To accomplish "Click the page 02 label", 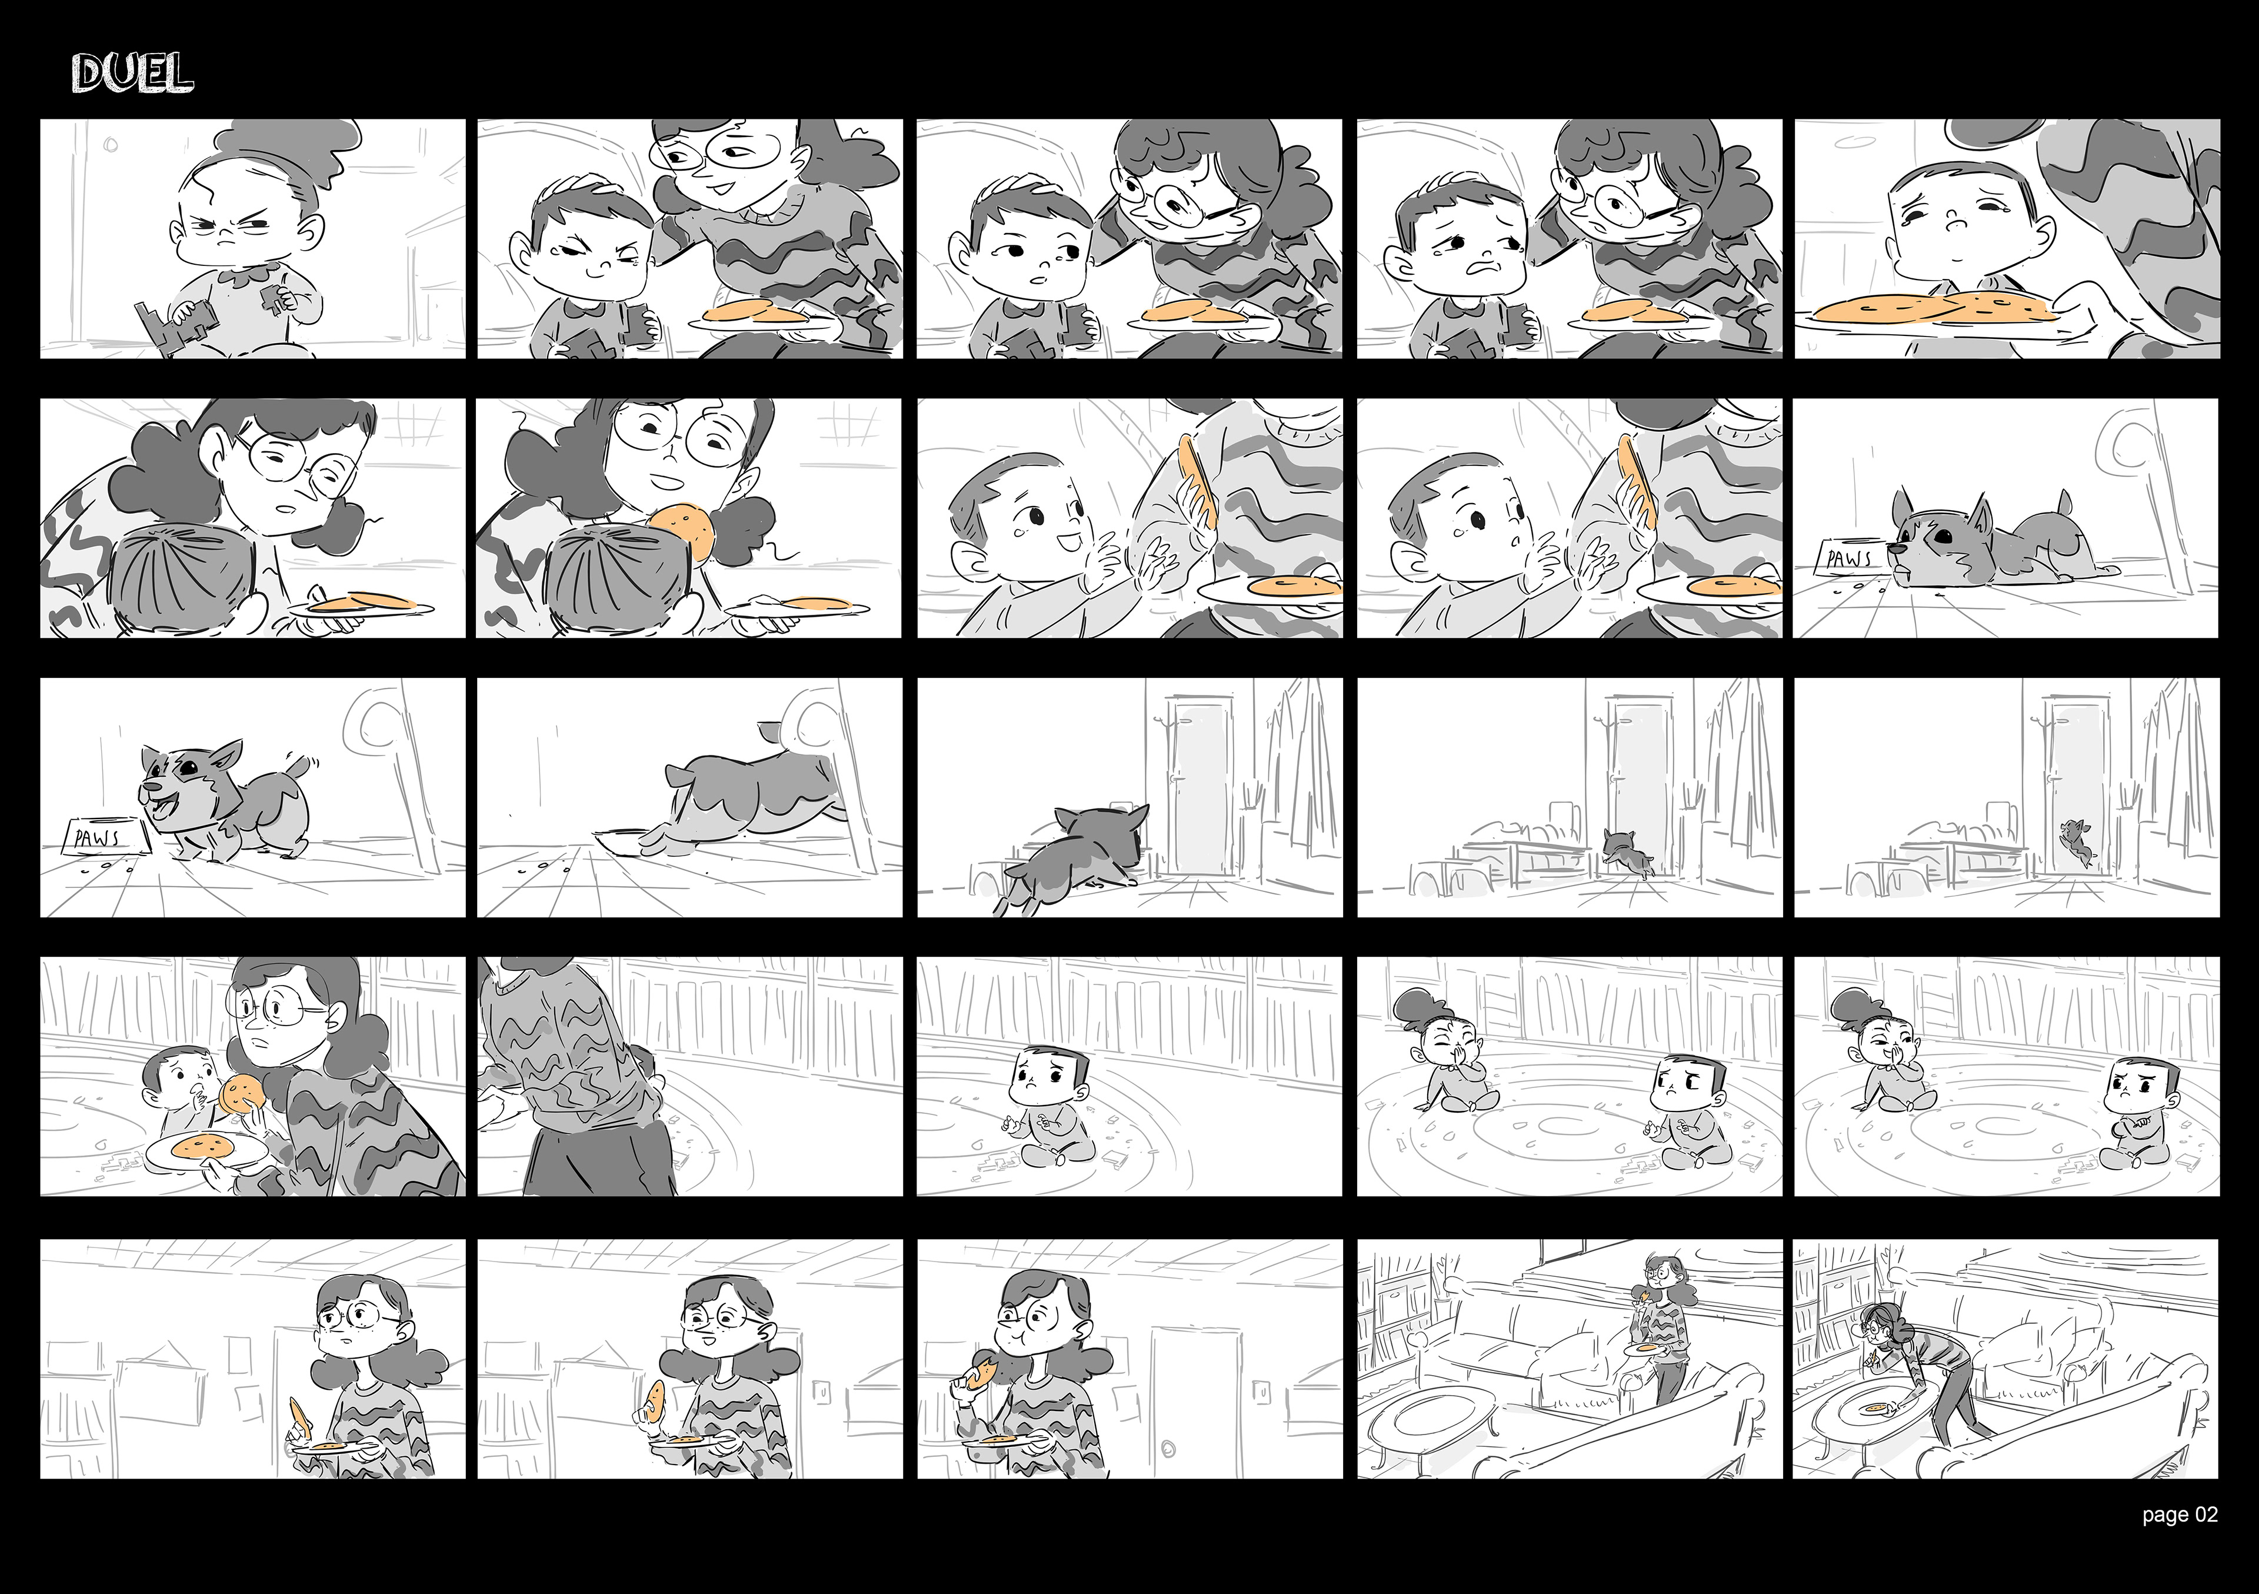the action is pos(2180,1542).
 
